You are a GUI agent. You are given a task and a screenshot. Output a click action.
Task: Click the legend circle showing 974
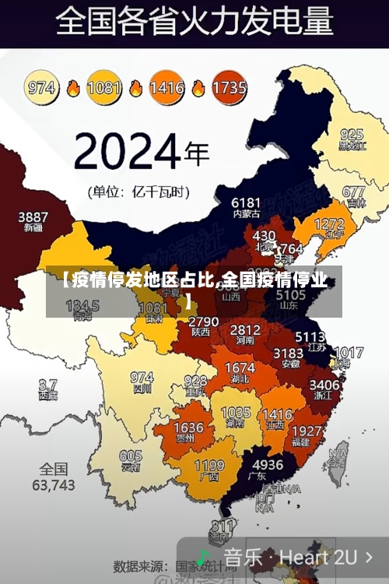pyautogui.click(x=44, y=87)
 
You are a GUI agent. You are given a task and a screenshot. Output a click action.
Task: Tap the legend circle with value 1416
pyautogui.click(x=166, y=87)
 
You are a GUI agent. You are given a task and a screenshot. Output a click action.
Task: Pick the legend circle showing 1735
pyautogui.click(x=229, y=87)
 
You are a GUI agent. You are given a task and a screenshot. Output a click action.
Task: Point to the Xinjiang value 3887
pyautogui.click(x=33, y=216)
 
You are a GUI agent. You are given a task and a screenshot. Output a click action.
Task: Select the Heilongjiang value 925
pyautogui.click(x=352, y=134)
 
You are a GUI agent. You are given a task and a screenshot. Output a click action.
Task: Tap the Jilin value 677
pyautogui.click(x=353, y=192)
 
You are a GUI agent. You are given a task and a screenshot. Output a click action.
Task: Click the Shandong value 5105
pyautogui.click(x=291, y=295)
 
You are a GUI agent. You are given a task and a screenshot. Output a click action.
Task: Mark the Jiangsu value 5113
pyautogui.click(x=310, y=337)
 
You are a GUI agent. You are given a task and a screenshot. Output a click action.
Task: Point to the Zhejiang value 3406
pyautogui.click(x=324, y=384)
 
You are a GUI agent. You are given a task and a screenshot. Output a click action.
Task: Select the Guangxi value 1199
pyautogui.click(x=209, y=466)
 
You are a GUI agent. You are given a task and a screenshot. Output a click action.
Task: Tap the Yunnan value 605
pyautogui.click(x=131, y=456)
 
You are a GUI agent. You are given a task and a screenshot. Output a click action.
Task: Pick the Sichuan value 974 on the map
pyautogui.click(x=142, y=378)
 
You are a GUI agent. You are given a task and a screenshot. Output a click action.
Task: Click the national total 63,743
pyautogui.click(x=53, y=484)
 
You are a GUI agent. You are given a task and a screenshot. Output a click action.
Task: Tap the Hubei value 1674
pyautogui.click(x=240, y=368)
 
